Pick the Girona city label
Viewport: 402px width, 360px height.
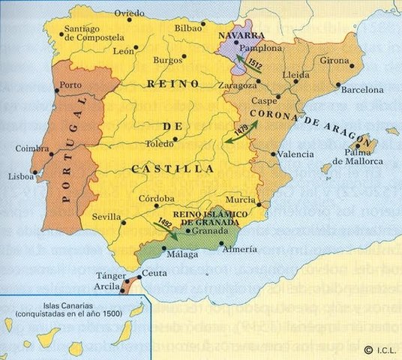point(334,60)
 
